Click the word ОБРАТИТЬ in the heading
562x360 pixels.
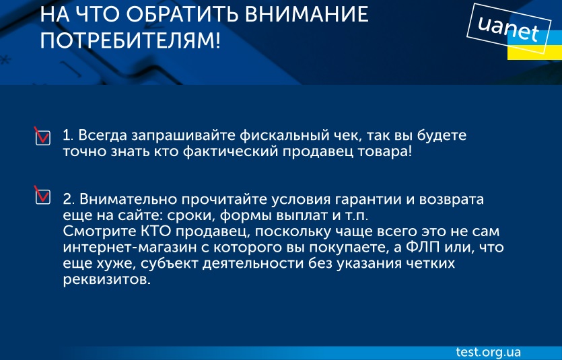(x=183, y=14)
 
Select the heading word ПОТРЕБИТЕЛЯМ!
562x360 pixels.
(x=130, y=40)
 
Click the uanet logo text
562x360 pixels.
(x=509, y=29)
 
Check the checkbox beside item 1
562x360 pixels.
(x=42, y=137)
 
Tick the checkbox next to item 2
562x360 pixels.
(x=42, y=196)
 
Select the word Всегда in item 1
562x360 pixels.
(x=102, y=136)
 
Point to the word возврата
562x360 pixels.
(x=452, y=200)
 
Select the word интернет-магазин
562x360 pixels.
(x=130, y=248)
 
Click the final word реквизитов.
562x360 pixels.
(x=107, y=280)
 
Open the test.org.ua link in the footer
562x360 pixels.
(x=489, y=352)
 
